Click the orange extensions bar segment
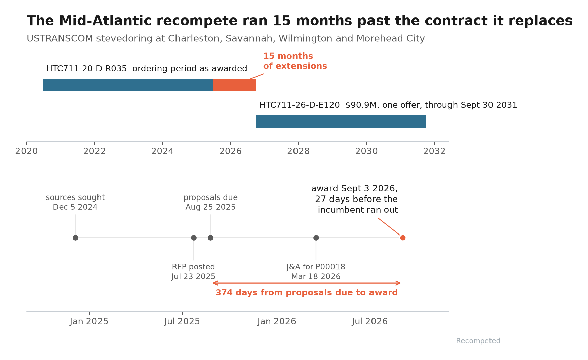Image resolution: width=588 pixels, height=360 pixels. pyautogui.click(x=235, y=85)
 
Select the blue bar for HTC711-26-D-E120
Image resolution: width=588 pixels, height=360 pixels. pyautogui.click(x=341, y=121)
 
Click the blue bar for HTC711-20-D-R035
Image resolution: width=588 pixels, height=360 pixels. pyautogui.click(x=128, y=85)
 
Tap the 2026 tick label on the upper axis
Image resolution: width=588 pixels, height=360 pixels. pyautogui.click(x=230, y=151)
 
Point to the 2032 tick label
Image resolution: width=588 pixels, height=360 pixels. pyautogui.click(x=434, y=151)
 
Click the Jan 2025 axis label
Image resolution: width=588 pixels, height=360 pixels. pyautogui.click(x=89, y=322)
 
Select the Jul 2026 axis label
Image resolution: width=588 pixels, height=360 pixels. pyautogui.click(x=370, y=322)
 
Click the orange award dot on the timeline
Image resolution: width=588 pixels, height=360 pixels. pyautogui.click(x=403, y=238)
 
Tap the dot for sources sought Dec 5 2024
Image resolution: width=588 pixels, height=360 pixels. pyautogui.click(x=75, y=238)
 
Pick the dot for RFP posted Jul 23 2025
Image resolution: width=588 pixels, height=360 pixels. pyautogui.click(x=194, y=238)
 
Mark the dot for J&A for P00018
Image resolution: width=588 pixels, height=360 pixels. pyautogui.click(x=316, y=238)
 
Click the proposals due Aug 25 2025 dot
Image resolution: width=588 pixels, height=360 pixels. pyautogui.click(x=210, y=238)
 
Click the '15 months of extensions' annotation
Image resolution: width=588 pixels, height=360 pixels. pyautogui.click(x=295, y=61)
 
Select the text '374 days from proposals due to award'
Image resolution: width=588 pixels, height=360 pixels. pyautogui.click(x=307, y=293)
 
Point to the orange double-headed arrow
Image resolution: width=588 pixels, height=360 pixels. pyautogui.click(x=307, y=283)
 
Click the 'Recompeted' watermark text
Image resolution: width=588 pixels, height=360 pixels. pyautogui.click(x=478, y=341)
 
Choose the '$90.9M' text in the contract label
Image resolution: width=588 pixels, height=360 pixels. pyautogui.click(x=361, y=105)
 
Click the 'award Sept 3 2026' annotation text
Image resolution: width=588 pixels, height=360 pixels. pyautogui.click(x=355, y=189)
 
